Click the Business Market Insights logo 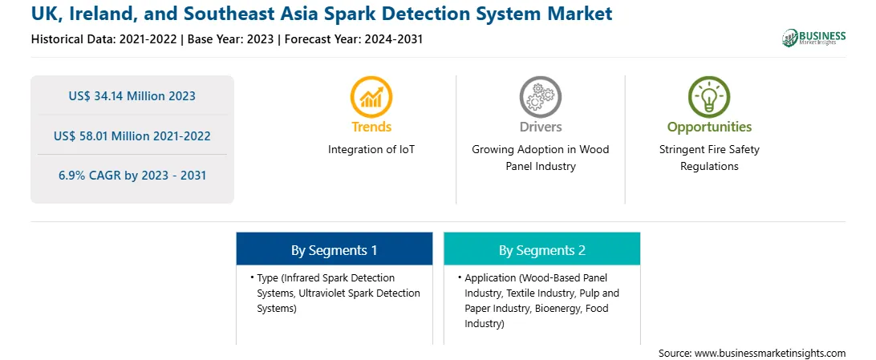814,38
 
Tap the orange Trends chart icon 371,97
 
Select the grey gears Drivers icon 540,97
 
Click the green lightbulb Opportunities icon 709,97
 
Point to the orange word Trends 371,127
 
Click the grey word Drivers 540,127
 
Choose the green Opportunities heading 709,127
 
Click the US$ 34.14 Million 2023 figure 132,96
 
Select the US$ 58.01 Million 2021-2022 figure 132,136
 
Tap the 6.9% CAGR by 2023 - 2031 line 132,176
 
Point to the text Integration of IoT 371,150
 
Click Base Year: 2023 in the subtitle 231,39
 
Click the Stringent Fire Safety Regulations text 709,158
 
